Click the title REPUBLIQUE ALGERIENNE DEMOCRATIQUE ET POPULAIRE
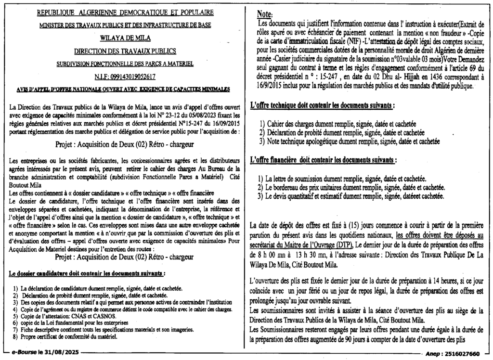tap(125, 12)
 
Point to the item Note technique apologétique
tap(353, 141)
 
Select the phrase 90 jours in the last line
tap(362, 338)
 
